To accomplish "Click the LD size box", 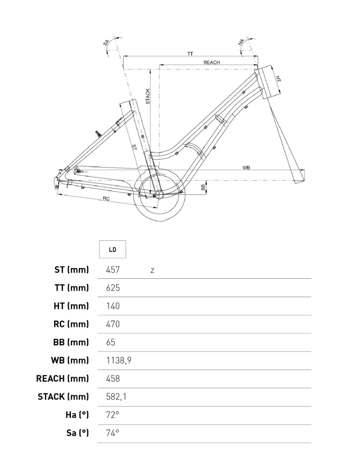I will [113, 249].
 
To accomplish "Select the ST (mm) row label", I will [72, 269].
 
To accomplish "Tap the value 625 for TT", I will [113, 288].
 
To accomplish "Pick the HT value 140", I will [113, 306].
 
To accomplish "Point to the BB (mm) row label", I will [71, 342].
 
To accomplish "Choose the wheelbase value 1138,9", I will [119, 360].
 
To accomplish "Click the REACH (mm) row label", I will [63, 378].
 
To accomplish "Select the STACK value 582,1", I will [116, 397].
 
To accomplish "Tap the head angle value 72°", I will [113, 415].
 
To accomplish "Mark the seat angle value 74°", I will [113, 433].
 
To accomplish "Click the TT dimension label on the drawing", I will [190, 54].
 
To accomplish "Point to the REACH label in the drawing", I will [211, 63].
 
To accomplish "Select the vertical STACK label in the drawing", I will [147, 96].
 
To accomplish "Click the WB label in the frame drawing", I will [246, 168].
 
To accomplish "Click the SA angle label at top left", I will [106, 43].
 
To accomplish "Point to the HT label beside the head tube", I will [278, 78].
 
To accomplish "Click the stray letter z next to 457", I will [152, 271].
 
